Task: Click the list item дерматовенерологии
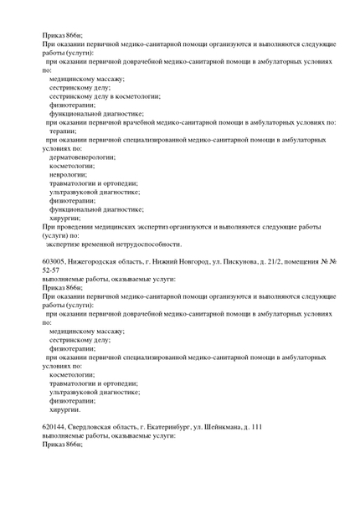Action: (82, 157)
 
